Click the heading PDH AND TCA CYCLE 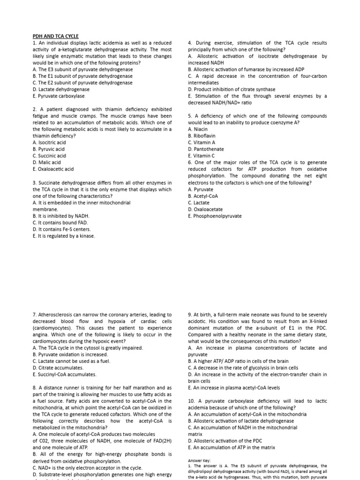click(x=55, y=36)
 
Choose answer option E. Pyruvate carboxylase click(x=59, y=96)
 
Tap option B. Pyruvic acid click(x=49, y=149)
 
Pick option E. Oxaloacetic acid click(x=53, y=169)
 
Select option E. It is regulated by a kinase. click(x=64, y=236)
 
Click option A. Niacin click(x=197, y=129)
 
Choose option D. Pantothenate click(x=206, y=149)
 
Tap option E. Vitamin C click(x=202, y=156)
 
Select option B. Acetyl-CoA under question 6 click(x=203, y=196)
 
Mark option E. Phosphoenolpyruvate click(x=215, y=216)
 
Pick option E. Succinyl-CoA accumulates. click(x=65, y=375)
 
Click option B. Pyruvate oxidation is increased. click(x=70, y=355)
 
